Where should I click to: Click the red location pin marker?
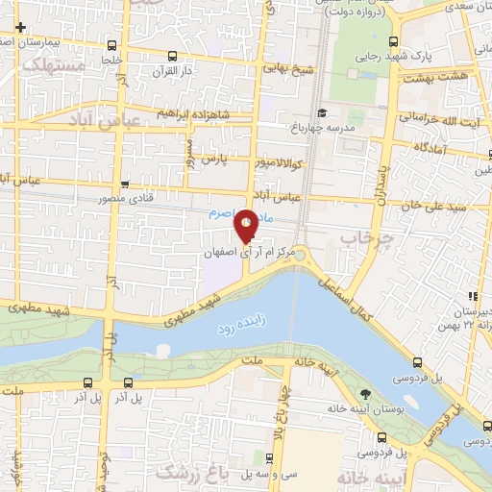coord(246,226)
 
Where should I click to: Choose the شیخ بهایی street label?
coord(291,66)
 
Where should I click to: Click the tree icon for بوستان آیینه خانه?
coord(366,395)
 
